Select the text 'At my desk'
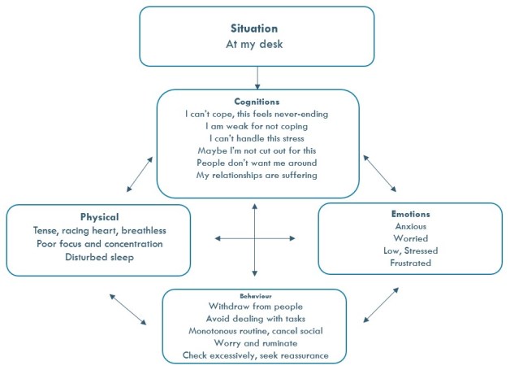[x=257, y=45]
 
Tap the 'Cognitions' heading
[x=257, y=102]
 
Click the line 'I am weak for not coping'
[x=257, y=126]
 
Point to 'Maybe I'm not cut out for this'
[x=257, y=150]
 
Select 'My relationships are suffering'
[x=257, y=175]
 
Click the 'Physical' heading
[x=100, y=217]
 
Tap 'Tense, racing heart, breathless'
[x=100, y=230]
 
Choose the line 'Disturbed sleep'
[x=100, y=257]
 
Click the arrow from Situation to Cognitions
[x=257, y=76]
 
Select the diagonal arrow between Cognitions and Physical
[x=140, y=174]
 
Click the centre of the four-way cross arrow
[x=255, y=237]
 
